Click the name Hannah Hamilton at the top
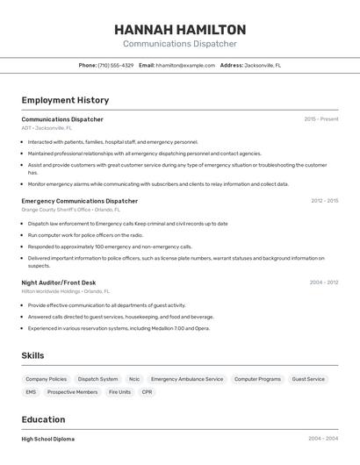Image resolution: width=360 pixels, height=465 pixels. [179, 30]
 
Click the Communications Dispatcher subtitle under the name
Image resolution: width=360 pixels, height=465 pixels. [179, 44]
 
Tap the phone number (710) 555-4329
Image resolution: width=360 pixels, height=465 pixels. [115, 65]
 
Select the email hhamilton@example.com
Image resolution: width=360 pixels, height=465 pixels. [185, 65]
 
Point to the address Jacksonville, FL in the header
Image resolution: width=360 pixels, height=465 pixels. [263, 65]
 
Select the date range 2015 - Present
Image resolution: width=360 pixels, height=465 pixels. [321, 119]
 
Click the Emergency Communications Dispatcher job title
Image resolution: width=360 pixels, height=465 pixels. [79, 201]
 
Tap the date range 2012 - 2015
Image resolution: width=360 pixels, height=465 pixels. [324, 201]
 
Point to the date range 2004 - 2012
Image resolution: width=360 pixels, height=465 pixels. [324, 283]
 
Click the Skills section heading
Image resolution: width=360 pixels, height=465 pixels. [33, 355]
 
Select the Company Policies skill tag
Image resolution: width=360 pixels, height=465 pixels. [46, 379]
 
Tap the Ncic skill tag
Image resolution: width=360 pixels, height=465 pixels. [134, 379]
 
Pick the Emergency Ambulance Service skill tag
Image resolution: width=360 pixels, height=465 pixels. [187, 379]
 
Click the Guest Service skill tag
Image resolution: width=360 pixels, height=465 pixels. [308, 379]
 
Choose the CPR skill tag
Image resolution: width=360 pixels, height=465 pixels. [147, 392]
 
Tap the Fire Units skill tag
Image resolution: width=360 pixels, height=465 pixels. [119, 392]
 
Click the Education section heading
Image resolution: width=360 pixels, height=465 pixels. [43, 419]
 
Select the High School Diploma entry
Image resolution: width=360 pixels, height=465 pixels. [48, 439]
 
